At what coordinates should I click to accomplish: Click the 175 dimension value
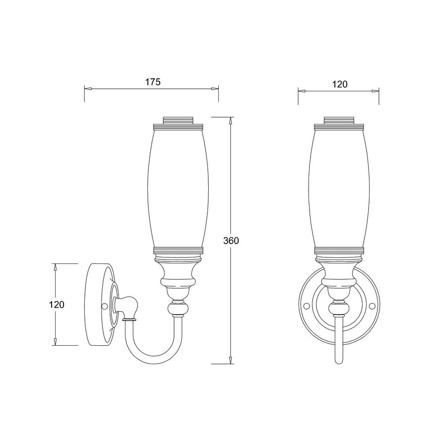coord(153,82)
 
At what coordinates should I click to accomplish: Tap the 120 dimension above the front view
coord(339,84)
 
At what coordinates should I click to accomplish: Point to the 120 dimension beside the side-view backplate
coord(57,305)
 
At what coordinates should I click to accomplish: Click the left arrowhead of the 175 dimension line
coord(87,89)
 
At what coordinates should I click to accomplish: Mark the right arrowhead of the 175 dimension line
coord(215,89)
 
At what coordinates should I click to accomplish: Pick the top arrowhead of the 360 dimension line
coord(230,121)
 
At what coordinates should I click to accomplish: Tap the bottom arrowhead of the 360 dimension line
coord(230,361)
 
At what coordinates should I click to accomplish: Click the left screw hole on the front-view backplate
coord(307,306)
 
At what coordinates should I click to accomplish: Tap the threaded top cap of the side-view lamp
coord(178,120)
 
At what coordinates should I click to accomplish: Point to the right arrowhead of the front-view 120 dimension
coord(376,91)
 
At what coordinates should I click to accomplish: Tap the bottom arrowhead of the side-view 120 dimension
coord(56,342)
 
